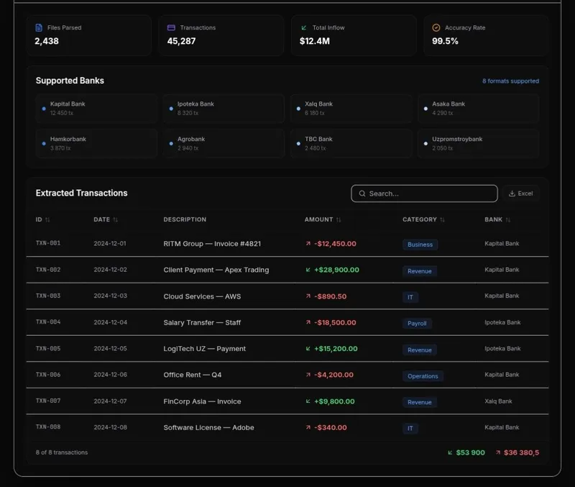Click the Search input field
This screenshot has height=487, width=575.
[x=424, y=194]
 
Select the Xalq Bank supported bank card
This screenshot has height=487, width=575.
[x=351, y=109]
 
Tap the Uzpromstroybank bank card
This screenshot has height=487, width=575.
[x=478, y=143]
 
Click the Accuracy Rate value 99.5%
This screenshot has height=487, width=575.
[x=445, y=41]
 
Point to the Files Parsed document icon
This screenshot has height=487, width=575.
[x=39, y=27]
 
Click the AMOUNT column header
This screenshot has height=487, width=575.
[x=318, y=219]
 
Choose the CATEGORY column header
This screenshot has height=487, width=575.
[x=420, y=219]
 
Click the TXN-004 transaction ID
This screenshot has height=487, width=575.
[x=48, y=322]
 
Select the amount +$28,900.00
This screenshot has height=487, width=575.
[x=336, y=270]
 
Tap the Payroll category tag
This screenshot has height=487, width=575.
[x=417, y=323]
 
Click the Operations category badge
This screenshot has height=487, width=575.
[x=423, y=376]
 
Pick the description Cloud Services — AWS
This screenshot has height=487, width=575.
[x=202, y=296]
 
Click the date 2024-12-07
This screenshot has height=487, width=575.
[x=111, y=401]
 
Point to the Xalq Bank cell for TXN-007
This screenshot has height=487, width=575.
[x=498, y=401]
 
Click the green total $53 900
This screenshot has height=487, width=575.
[x=471, y=453]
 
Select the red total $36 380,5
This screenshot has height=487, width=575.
[x=522, y=453]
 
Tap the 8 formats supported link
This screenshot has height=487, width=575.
[x=510, y=81]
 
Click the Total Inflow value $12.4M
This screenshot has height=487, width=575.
[x=315, y=41]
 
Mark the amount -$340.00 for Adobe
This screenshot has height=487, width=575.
[x=331, y=427]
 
